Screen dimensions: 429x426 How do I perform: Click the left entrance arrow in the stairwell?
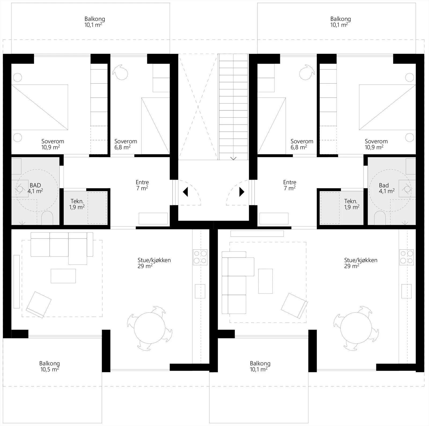(185, 192)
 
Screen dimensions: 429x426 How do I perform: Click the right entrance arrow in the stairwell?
(242, 192)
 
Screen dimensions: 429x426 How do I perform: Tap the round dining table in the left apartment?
(149, 328)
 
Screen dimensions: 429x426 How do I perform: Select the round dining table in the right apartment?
(356, 328)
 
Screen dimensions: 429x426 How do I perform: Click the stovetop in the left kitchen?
(200, 257)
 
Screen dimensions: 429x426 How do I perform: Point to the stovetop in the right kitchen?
(406, 257)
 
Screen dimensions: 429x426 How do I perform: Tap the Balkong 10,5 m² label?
(50, 366)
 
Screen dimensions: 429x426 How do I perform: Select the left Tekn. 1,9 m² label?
(77, 204)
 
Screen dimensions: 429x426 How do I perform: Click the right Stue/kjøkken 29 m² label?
(361, 263)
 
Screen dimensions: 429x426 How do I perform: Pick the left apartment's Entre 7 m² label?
(142, 185)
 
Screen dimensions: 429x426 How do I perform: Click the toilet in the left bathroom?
(48, 218)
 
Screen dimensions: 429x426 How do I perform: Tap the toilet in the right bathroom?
(379, 218)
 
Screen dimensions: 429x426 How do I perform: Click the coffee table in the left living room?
(63, 276)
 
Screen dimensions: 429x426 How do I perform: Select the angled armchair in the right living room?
(294, 306)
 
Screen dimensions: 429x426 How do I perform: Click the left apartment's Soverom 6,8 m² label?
(125, 144)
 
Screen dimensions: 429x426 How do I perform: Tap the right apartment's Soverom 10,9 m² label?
(376, 144)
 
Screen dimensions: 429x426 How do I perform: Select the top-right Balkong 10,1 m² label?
(341, 22)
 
